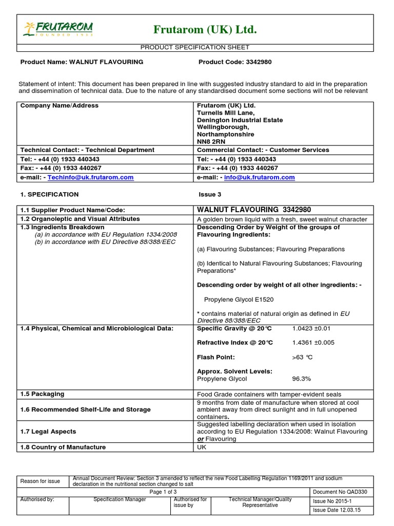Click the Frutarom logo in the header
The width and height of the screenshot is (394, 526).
(x=57, y=29)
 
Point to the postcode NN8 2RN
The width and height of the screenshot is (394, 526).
(x=211, y=141)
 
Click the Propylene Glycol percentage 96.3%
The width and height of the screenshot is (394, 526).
(x=302, y=379)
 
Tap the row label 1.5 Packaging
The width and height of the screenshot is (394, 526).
(x=43, y=394)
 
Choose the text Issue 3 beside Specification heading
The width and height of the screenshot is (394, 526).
(x=210, y=195)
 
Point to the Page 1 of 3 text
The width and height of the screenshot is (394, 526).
(x=163, y=492)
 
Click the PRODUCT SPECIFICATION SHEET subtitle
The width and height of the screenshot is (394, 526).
(x=194, y=48)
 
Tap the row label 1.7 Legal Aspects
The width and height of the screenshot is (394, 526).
(x=48, y=432)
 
